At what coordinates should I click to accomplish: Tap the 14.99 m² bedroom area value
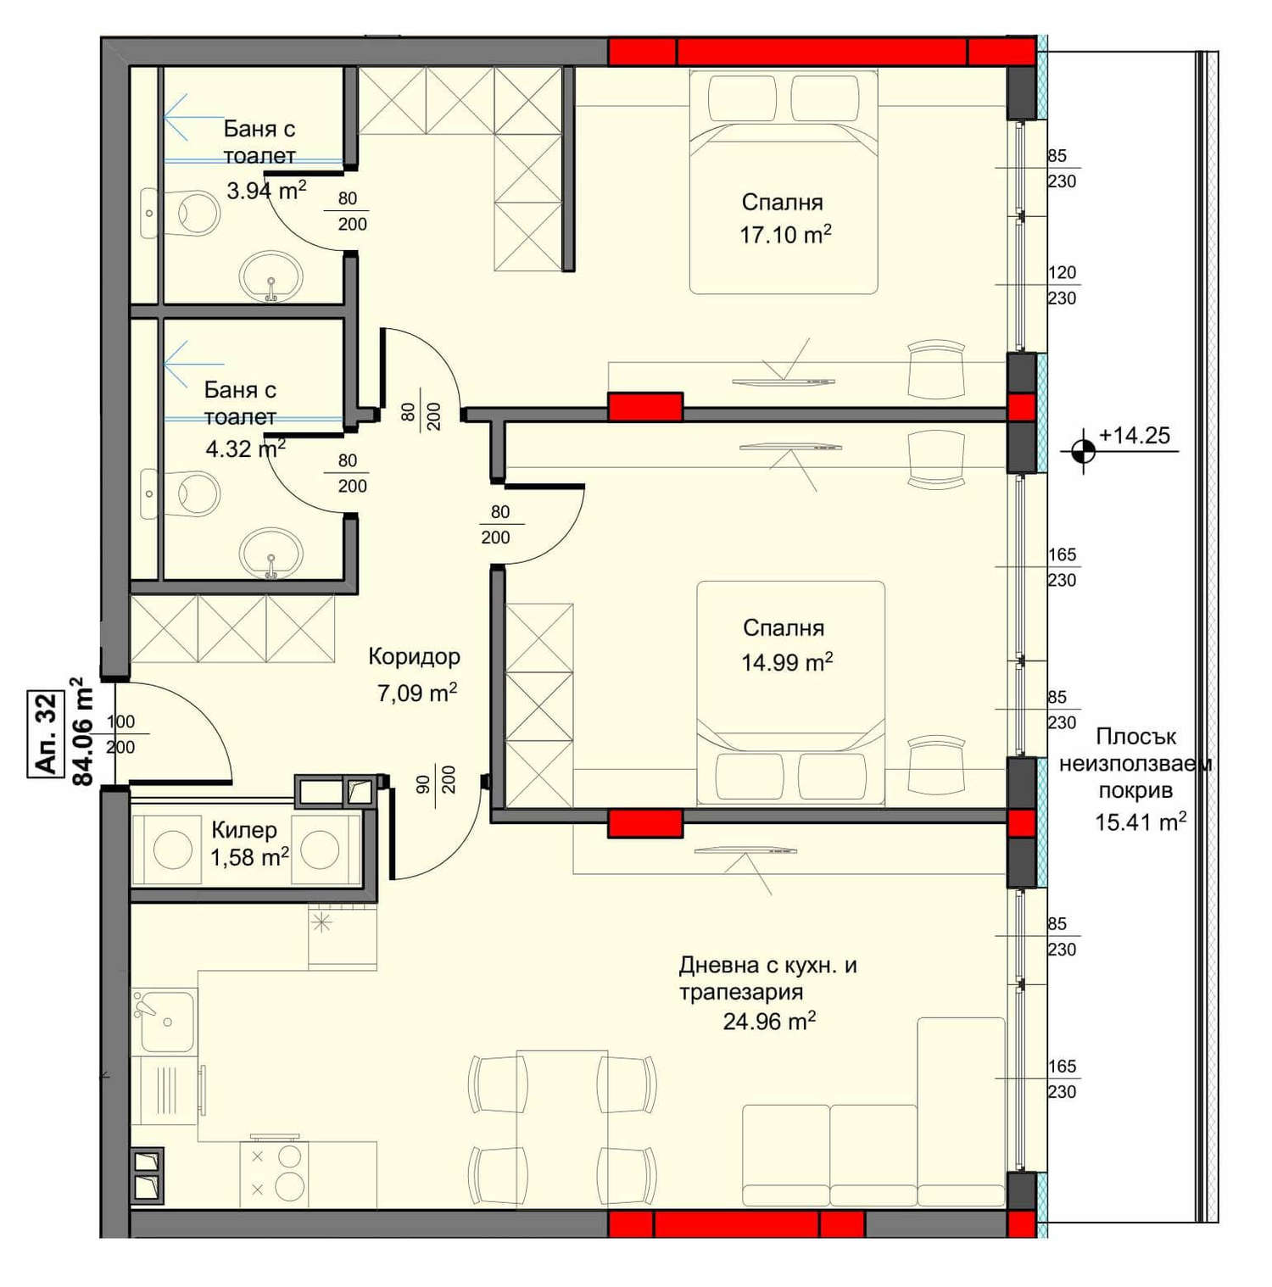787,661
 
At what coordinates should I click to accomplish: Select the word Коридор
415,656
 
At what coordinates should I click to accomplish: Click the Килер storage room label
244,829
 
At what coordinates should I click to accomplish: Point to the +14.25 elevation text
1134,435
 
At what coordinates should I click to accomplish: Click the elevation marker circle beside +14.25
1083,450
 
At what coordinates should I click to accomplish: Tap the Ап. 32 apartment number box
47,733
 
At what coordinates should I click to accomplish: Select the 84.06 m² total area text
81,731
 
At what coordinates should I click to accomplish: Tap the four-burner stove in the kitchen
274,1173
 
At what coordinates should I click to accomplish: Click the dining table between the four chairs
562,1129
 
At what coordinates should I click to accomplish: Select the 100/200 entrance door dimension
120,734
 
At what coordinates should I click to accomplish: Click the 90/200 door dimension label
436,780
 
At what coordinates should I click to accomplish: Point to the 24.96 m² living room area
769,1022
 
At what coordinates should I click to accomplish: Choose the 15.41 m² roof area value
1140,822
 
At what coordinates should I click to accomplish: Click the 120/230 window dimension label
1062,285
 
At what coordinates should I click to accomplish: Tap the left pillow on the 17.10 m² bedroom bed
742,99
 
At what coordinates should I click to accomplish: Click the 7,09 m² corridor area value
417,693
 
